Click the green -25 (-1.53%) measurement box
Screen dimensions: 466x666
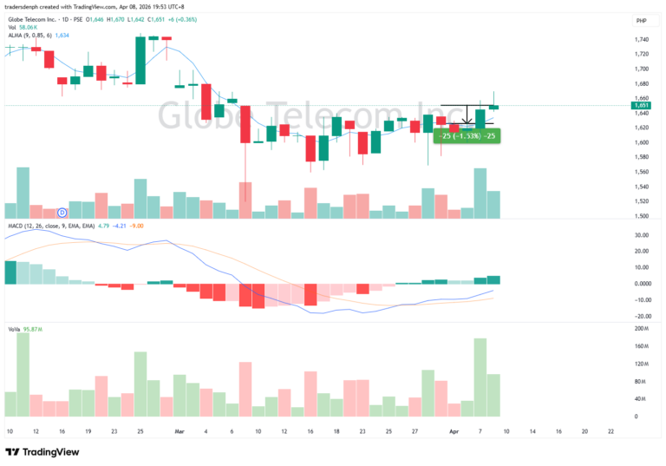point(467,135)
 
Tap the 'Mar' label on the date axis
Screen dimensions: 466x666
point(179,430)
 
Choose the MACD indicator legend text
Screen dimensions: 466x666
point(52,226)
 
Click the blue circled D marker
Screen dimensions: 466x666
point(62,212)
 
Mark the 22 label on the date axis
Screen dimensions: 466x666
point(611,430)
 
